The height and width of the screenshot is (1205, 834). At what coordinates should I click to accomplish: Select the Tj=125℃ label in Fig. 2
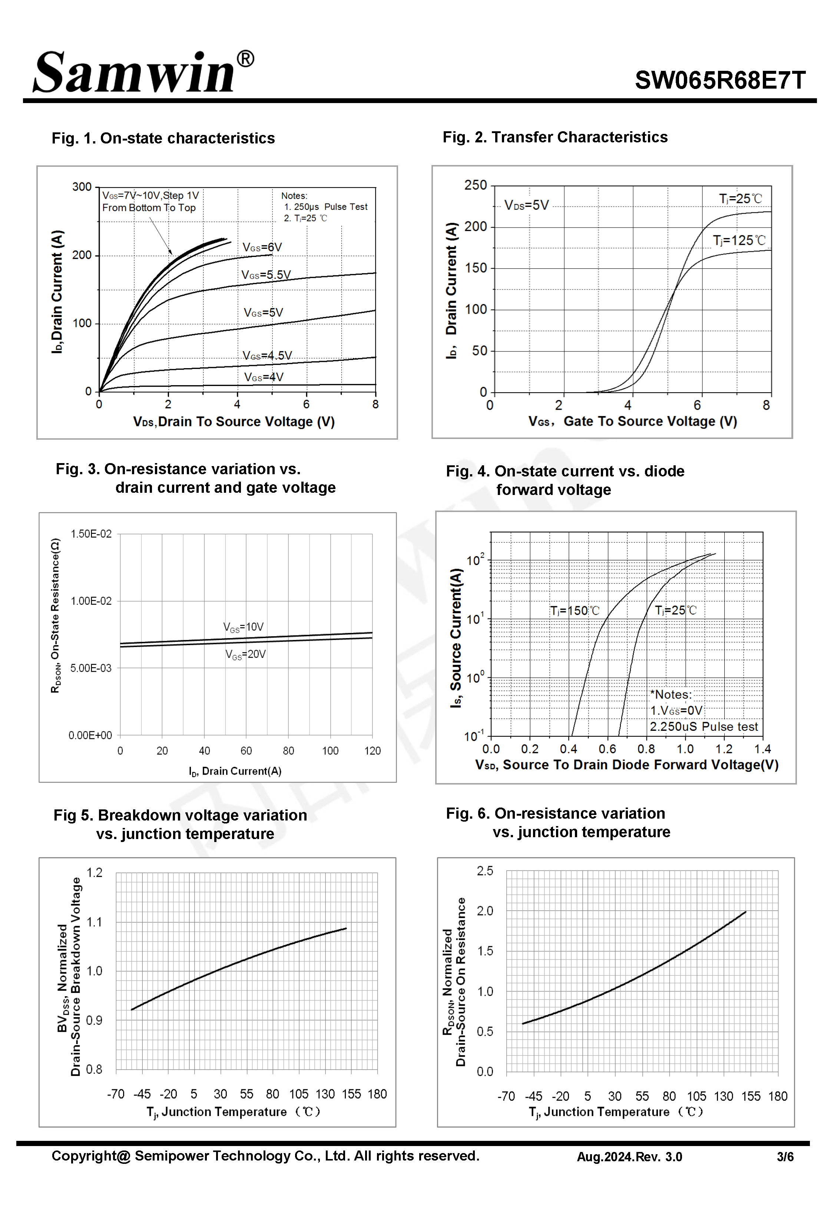(x=739, y=240)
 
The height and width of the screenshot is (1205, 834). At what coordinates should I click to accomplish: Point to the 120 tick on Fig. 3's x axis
(x=372, y=751)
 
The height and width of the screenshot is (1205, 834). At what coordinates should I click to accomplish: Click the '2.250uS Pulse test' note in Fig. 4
(x=704, y=727)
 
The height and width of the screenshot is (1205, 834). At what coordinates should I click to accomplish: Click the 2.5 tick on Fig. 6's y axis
(x=484, y=871)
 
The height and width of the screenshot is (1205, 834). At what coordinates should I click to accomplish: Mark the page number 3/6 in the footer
(x=785, y=1157)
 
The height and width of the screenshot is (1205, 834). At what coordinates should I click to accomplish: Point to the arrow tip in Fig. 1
(x=171, y=254)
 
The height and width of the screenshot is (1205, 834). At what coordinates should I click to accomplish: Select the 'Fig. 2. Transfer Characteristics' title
(x=555, y=137)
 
